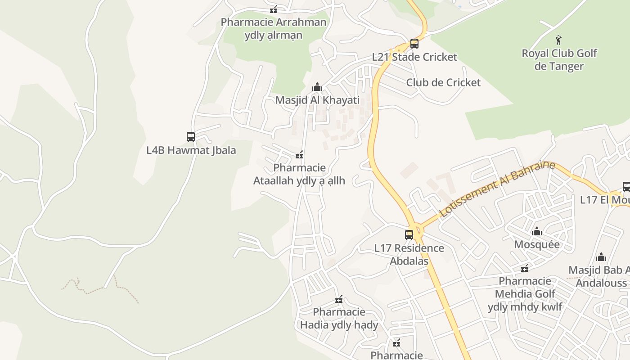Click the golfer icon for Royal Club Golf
point(558,40)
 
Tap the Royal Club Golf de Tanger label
point(559,60)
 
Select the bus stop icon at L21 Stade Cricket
point(414,44)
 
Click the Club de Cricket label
point(443,82)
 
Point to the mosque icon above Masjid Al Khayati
point(317,87)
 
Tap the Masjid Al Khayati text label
point(317,100)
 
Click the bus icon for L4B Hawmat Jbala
point(191,136)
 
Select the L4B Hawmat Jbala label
point(191,150)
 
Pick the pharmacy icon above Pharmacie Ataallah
point(299,155)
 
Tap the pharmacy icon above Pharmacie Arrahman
point(274,9)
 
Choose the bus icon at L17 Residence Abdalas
point(409,234)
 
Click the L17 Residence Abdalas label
point(409,254)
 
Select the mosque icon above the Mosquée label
point(536,232)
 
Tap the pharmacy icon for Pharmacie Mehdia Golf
point(525,269)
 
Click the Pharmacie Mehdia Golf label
point(525,294)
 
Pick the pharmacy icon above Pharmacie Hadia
point(339,299)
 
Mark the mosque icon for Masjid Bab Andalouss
point(601,257)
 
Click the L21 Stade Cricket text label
point(414,57)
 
